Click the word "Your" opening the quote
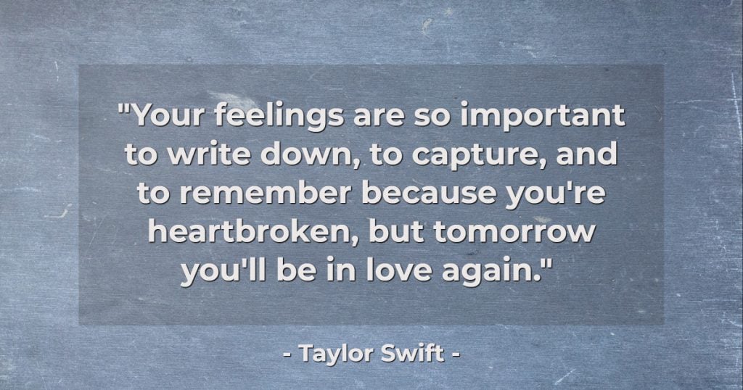coord(169,115)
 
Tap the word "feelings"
coord(279,117)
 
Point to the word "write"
coord(209,154)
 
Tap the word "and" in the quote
coord(586,154)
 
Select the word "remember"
coord(266,193)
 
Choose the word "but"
coord(396,232)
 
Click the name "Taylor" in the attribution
coord(337,353)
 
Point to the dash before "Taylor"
coord(287,354)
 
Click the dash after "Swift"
coord(456,354)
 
